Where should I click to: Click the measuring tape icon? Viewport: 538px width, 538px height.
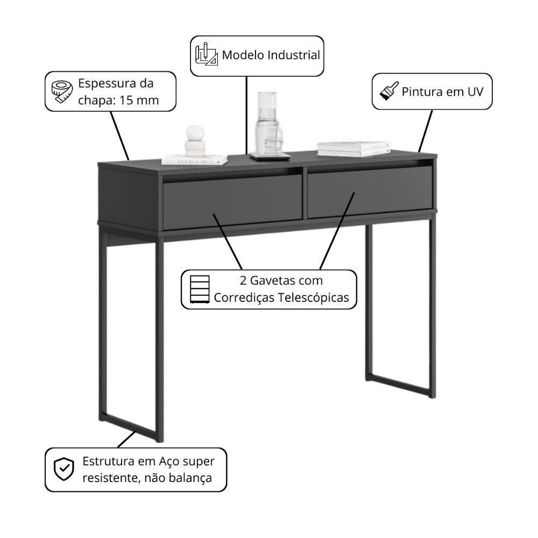coord(61,91)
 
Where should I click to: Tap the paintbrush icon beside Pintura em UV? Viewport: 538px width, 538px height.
coord(388,91)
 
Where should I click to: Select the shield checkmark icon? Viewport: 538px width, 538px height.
coord(64,469)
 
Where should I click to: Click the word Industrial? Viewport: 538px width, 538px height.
coord(293,55)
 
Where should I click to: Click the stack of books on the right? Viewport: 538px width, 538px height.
coord(353,148)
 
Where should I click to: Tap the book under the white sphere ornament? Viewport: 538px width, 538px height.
coord(195,160)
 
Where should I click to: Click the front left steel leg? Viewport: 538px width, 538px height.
coord(160,339)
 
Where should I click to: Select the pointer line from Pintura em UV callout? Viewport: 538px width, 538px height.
coord(425,130)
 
